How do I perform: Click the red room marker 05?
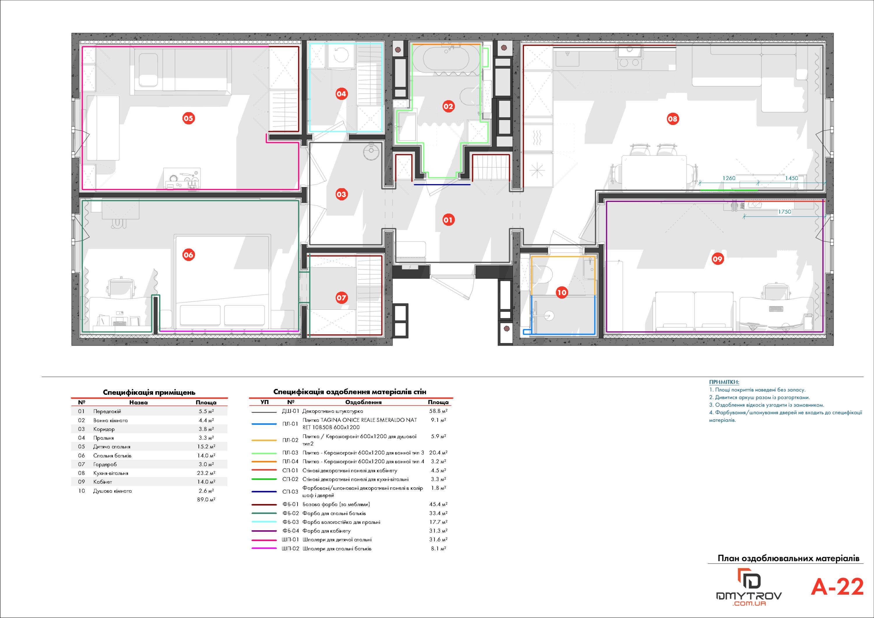pyautogui.click(x=188, y=118)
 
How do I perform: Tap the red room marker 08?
pyautogui.click(x=673, y=119)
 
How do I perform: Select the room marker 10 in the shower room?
pyautogui.click(x=562, y=293)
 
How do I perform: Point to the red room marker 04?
pyautogui.click(x=341, y=94)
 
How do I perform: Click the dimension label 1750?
pyautogui.click(x=785, y=212)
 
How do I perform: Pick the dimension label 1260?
pyautogui.click(x=729, y=178)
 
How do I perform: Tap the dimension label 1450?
pyautogui.click(x=791, y=178)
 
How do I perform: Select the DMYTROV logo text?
pyautogui.click(x=749, y=596)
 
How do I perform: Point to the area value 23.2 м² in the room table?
pyautogui.click(x=206, y=473)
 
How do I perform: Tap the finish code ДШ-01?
pyautogui.click(x=290, y=411)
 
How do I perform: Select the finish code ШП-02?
pyautogui.click(x=290, y=549)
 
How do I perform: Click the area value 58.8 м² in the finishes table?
pyautogui.click(x=438, y=411)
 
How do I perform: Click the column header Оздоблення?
pyautogui.click(x=363, y=402)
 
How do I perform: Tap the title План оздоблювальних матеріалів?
pyautogui.click(x=788, y=559)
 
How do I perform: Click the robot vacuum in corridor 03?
pyautogui.click(x=371, y=152)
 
